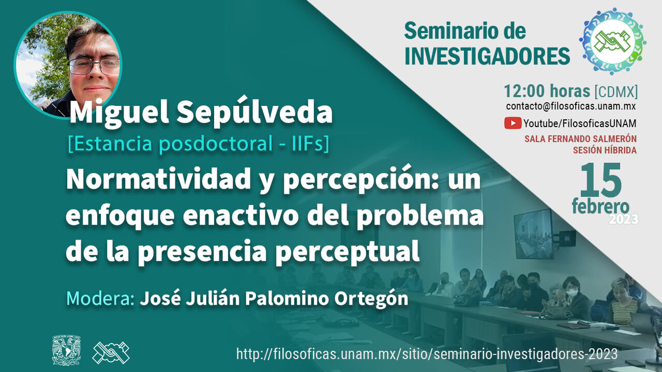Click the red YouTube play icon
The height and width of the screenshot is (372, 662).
coord(513,123)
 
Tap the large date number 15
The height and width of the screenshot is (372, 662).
coord(600,180)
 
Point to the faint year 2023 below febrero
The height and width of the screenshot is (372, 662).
coord(624,219)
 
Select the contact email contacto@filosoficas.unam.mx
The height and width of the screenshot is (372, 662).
coord(570,106)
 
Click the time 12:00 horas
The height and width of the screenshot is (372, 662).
coord(547,91)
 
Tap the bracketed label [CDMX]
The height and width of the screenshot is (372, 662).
coord(616,92)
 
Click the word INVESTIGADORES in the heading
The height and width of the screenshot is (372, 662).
coord(487,56)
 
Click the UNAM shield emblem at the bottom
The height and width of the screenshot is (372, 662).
coord(67,350)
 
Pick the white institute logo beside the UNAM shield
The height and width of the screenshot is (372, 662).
coord(111,352)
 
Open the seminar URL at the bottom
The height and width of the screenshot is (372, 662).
coord(427,354)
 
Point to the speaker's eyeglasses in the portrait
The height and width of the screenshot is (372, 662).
coord(94,66)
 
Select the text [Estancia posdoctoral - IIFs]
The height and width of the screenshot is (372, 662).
coord(198,144)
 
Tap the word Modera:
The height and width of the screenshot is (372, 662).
coord(100,299)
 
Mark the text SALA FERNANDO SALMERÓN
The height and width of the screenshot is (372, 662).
coord(580,139)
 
